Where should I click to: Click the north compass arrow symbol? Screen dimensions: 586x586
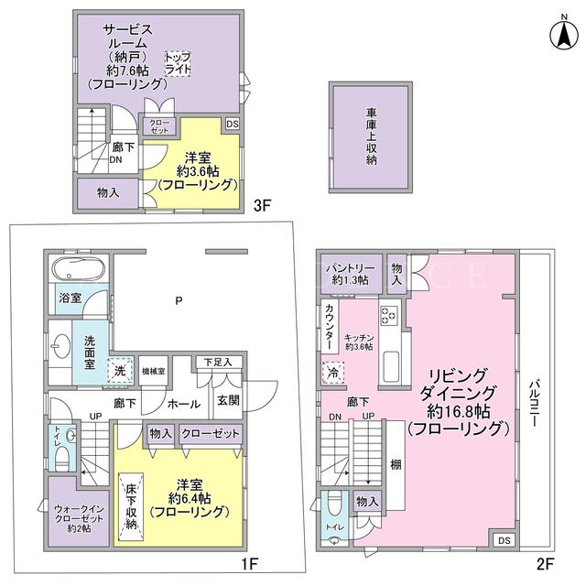564,36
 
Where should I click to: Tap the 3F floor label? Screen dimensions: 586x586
262,205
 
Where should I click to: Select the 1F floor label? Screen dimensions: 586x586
250,564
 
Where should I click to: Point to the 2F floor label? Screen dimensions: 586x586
545,564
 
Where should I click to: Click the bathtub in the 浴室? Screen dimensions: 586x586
79,269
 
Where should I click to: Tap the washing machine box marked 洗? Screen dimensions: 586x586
120,370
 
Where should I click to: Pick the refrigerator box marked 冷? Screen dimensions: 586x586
332,373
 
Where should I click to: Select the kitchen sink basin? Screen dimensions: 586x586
391,367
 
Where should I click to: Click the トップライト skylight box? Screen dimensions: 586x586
178,64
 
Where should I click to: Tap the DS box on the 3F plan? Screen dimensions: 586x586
232,124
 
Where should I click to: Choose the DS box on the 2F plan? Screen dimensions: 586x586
504,540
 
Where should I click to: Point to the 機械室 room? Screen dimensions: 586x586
153,371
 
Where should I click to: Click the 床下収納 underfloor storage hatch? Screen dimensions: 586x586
131,506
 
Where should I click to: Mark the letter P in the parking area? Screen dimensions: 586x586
179,300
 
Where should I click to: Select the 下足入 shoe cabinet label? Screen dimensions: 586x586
218,362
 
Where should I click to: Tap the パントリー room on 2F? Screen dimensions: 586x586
350,274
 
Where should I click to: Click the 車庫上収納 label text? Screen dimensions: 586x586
371,136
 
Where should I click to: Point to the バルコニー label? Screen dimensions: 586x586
534,403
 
